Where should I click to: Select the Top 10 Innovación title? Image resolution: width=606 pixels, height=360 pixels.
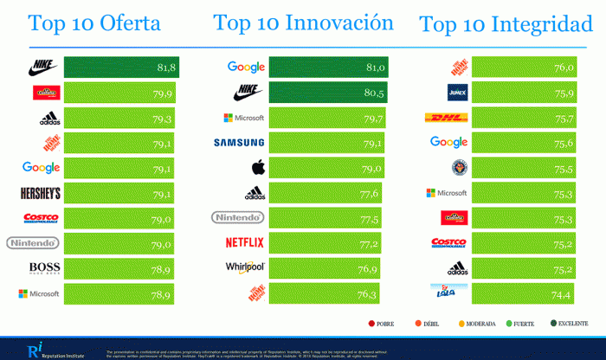(303, 22)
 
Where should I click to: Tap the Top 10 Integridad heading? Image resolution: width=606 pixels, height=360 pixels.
(506, 24)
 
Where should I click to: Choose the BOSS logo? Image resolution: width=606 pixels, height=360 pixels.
(44, 268)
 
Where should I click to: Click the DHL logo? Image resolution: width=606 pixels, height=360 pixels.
(448, 118)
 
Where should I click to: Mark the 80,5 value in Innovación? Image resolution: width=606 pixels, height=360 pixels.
(375, 92)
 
